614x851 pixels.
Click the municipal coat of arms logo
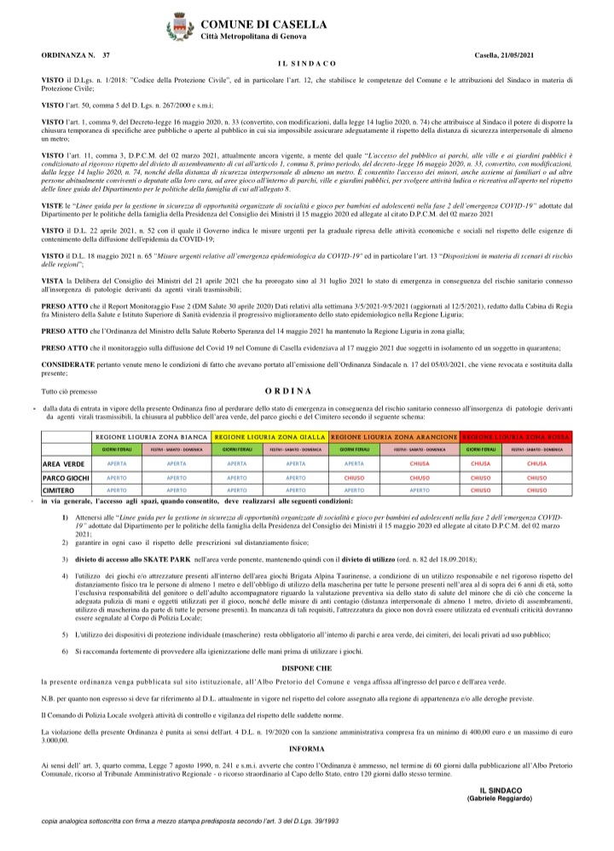[x=180, y=27]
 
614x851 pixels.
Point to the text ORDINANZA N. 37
[x=76, y=55]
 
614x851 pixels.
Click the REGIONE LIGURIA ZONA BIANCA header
[x=146, y=435]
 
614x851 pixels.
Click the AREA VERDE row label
[x=63, y=464]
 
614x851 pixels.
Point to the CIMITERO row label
[x=62, y=491]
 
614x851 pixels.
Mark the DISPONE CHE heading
[x=306, y=667]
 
